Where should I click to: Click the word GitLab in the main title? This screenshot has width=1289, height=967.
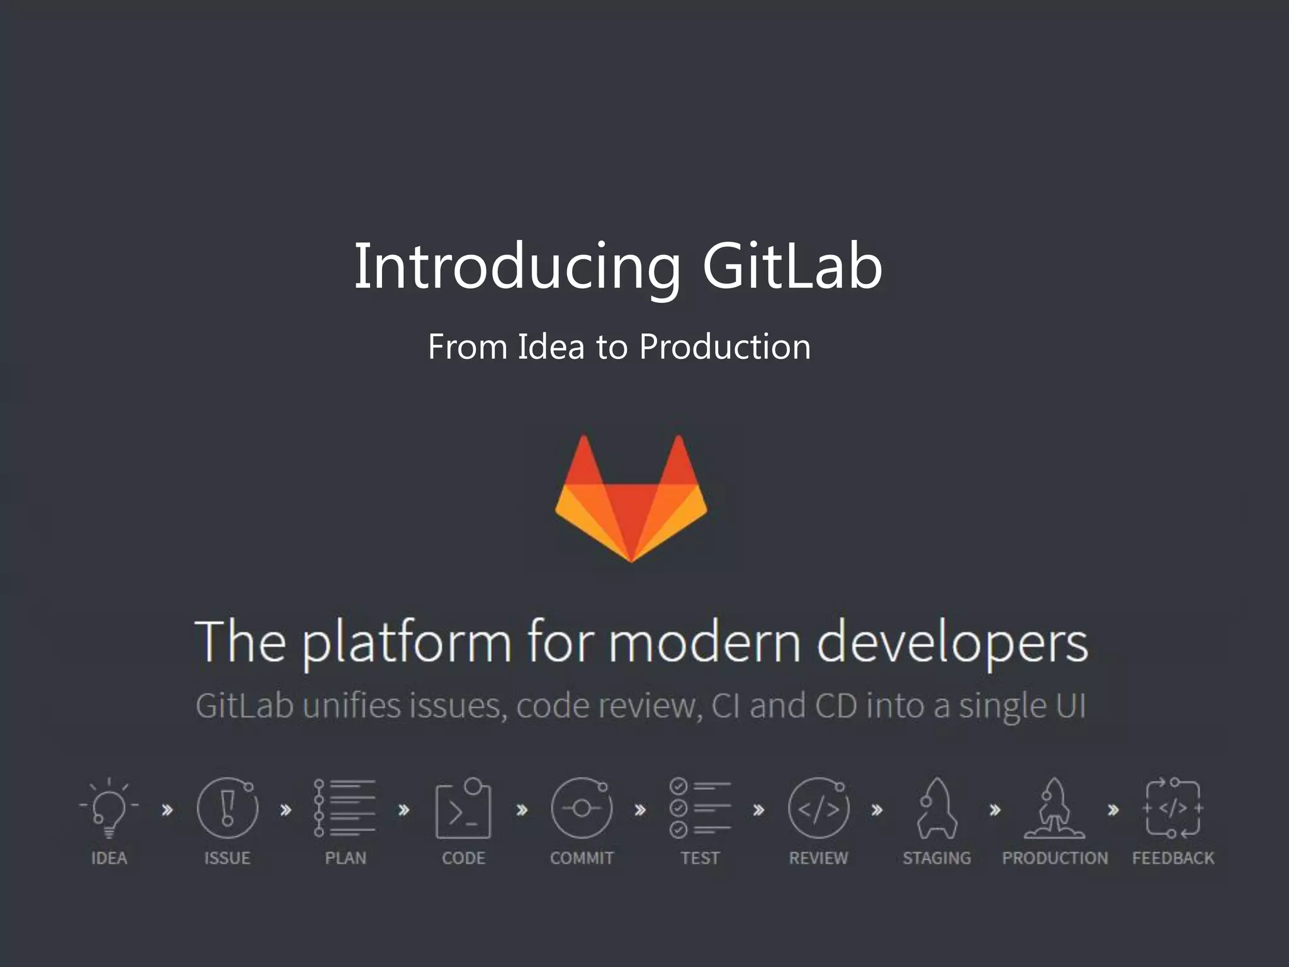tap(792, 267)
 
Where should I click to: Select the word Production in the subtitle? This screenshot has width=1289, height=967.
tap(724, 347)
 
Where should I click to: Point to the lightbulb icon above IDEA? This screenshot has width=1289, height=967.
tap(109, 808)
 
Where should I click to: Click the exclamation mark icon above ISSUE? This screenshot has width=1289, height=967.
tap(227, 808)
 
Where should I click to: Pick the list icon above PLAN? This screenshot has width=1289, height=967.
tap(346, 808)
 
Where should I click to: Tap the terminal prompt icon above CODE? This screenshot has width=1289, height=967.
tap(463, 810)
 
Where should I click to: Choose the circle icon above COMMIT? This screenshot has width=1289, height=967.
tap(581, 808)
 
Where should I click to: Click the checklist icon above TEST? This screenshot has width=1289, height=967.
tap(700, 808)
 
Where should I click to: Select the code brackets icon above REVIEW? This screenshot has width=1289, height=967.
tap(818, 808)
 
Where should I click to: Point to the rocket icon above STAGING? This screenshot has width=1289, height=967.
tap(937, 808)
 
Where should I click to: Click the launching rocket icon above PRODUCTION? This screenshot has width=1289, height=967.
tap(1054, 808)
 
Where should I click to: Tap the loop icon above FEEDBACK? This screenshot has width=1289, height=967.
tap(1173, 808)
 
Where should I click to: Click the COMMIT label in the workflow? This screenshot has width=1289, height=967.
tap(582, 858)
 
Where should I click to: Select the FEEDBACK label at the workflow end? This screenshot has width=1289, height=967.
tap(1173, 858)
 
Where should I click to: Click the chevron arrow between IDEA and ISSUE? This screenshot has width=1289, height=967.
tap(167, 810)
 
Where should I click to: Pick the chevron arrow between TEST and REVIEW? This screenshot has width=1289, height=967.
tap(759, 810)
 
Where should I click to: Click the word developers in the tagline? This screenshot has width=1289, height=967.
tap(952, 643)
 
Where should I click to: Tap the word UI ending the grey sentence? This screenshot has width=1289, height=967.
tap(1071, 706)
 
